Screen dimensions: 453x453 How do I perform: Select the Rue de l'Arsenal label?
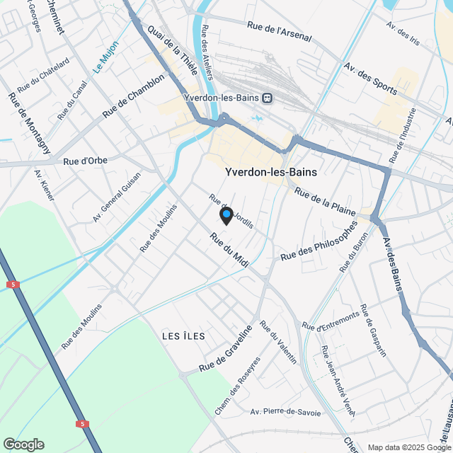[x=280, y=33]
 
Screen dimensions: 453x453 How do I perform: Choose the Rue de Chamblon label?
[x=132, y=96]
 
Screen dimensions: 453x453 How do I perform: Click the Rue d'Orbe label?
[x=85, y=161]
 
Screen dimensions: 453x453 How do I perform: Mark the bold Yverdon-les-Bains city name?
[x=270, y=172]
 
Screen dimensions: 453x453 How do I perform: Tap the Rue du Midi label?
[x=230, y=251]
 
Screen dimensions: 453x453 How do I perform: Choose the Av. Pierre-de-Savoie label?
[x=286, y=412]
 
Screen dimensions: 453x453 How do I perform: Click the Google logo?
[x=23, y=444]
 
